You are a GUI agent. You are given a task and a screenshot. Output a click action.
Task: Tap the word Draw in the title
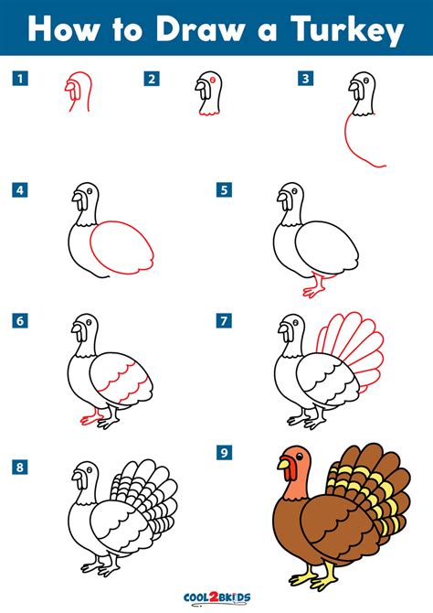[199, 29]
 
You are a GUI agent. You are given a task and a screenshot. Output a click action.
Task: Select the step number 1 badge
[20, 78]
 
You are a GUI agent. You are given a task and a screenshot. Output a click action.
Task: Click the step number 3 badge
[306, 78]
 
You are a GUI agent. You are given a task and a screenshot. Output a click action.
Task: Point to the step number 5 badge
[224, 190]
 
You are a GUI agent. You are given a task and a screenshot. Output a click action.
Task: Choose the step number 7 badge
[224, 321]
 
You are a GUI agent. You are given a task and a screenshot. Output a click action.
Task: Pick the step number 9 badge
[224, 453]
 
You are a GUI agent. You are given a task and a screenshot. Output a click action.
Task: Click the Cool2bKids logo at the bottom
[216, 597]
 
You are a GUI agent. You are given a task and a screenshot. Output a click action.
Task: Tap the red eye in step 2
[213, 80]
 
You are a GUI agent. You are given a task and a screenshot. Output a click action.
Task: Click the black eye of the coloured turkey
[299, 457]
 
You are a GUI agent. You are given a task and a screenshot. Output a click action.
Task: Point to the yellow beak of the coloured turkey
[283, 464]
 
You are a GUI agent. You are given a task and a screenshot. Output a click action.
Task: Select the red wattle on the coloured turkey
[290, 471]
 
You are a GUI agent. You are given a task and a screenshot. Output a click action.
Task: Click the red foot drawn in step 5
[315, 286]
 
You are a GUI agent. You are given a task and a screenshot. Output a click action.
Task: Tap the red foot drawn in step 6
[91, 417]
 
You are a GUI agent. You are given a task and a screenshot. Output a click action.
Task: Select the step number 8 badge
[20, 467]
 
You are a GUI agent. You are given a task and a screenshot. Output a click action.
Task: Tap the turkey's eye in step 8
[90, 469]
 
